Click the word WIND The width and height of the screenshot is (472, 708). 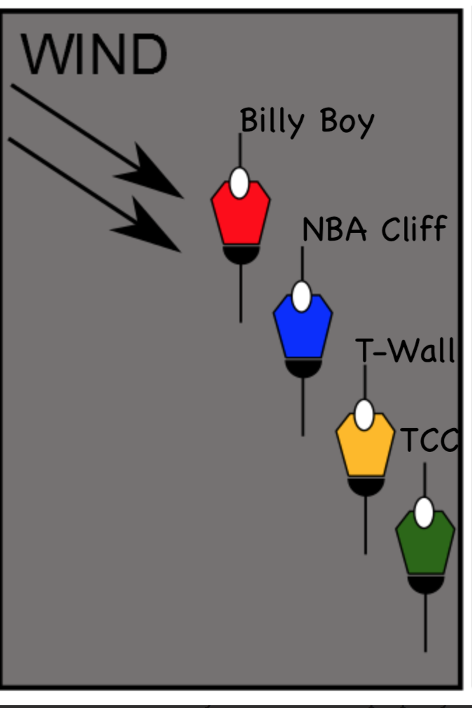tap(94, 55)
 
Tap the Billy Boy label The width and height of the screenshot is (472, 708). tap(307, 121)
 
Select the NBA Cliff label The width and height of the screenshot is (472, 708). tap(373, 229)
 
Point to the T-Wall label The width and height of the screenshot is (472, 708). tap(405, 349)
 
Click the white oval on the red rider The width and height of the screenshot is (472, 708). tap(240, 183)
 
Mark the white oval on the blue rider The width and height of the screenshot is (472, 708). tap(301, 296)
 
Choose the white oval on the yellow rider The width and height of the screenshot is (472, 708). tap(363, 415)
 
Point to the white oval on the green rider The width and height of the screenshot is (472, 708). tap(424, 513)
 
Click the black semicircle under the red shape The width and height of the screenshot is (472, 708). tap(241, 254)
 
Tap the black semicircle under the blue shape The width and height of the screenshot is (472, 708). tap(303, 367)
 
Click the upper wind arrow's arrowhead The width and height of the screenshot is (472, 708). tap(157, 175)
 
